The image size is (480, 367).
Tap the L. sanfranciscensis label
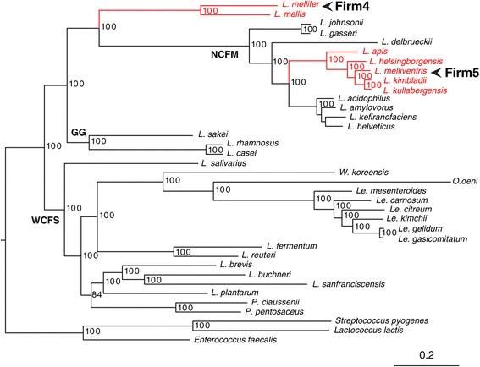coord(349,283)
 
